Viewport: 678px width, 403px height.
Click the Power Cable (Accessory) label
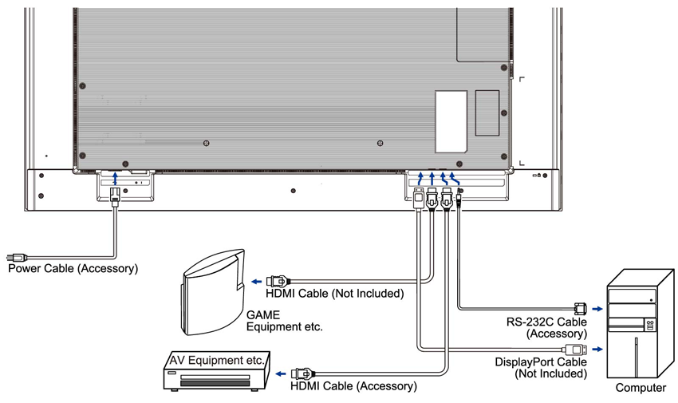pyautogui.click(x=73, y=269)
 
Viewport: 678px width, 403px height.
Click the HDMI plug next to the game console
pyautogui.click(x=277, y=281)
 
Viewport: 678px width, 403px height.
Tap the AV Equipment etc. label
pyautogui.click(x=217, y=361)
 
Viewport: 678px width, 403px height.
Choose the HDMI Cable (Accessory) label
pyautogui.click(x=353, y=386)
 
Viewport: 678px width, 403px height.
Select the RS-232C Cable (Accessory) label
pyautogui.click(x=546, y=327)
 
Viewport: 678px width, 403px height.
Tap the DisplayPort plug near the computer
pyautogui.click(x=576, y=349)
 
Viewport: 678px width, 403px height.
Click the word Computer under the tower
pyautogui.click(x=641, y=389)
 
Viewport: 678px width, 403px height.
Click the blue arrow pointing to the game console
pyautogui.click(x=256, y=281)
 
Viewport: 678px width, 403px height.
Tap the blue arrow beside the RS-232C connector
pyautogui.click(x=598, y=307)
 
